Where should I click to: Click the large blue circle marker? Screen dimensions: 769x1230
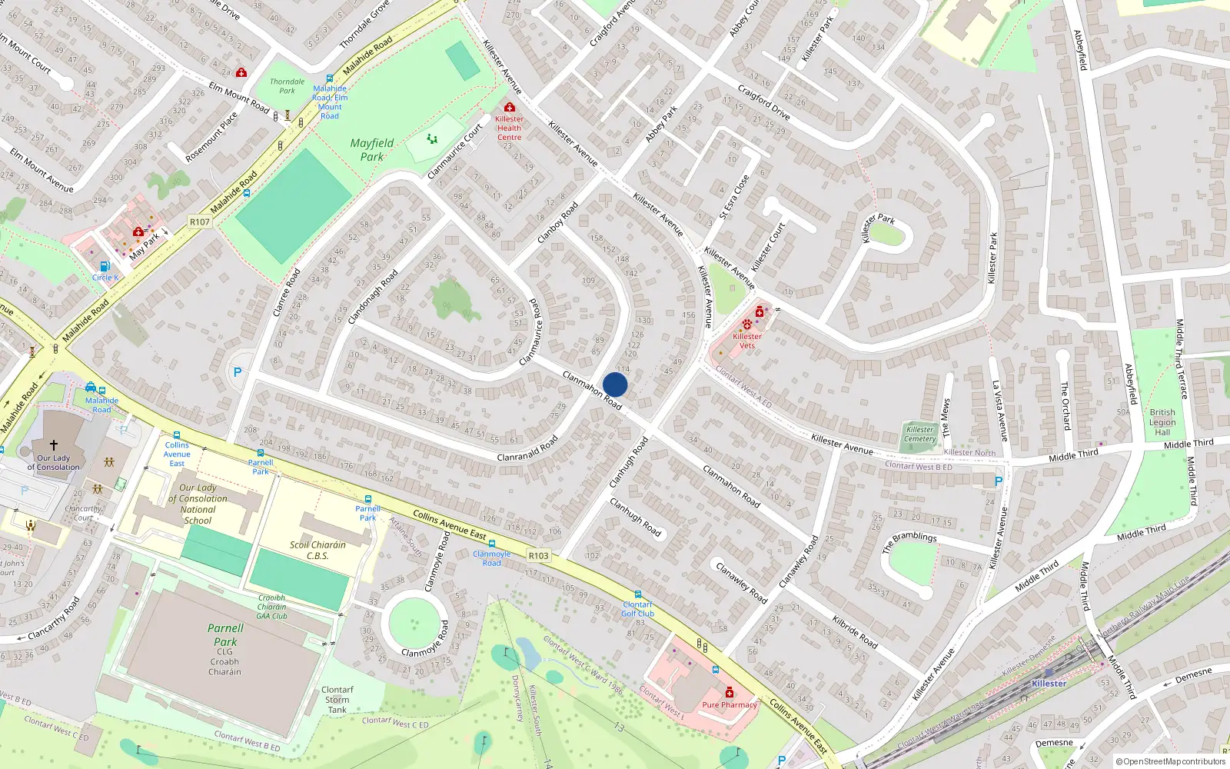point(615,384)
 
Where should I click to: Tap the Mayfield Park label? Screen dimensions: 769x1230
point(372,149)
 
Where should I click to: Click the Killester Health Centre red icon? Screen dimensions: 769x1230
point(509,108)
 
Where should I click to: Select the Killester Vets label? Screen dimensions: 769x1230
point(747,341)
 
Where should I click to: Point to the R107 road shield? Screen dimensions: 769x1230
point(200,221)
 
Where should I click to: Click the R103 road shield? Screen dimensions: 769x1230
point(539,555)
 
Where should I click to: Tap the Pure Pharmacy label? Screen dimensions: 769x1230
point(730,704)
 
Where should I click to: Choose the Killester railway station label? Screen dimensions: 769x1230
point(1049,683)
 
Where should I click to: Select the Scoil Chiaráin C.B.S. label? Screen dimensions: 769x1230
point(317,550)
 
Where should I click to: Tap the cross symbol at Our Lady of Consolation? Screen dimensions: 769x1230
point(54,444)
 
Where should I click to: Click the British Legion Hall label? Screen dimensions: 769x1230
point(1162,422)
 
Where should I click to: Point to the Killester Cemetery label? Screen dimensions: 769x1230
point(920,434)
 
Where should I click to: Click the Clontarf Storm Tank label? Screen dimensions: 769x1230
point(337,700)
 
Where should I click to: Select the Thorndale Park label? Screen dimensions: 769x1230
point(287,86)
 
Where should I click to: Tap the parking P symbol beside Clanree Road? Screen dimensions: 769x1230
point(238,372)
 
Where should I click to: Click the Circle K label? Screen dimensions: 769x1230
point(105,278)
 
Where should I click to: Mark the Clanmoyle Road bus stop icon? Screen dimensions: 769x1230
point(492,544)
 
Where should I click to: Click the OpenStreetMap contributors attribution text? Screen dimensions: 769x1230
point(1171,761)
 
